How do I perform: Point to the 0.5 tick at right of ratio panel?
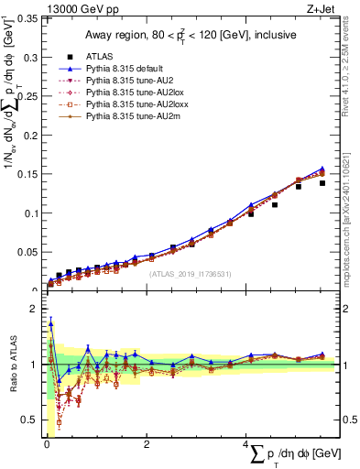(x=349, y=420)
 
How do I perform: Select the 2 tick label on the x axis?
(x=147, y=445)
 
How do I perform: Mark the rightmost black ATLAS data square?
(x=322, y=183)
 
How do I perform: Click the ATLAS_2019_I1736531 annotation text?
(x=191, y=273)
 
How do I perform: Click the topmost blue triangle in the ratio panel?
(x=50, y=323)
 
